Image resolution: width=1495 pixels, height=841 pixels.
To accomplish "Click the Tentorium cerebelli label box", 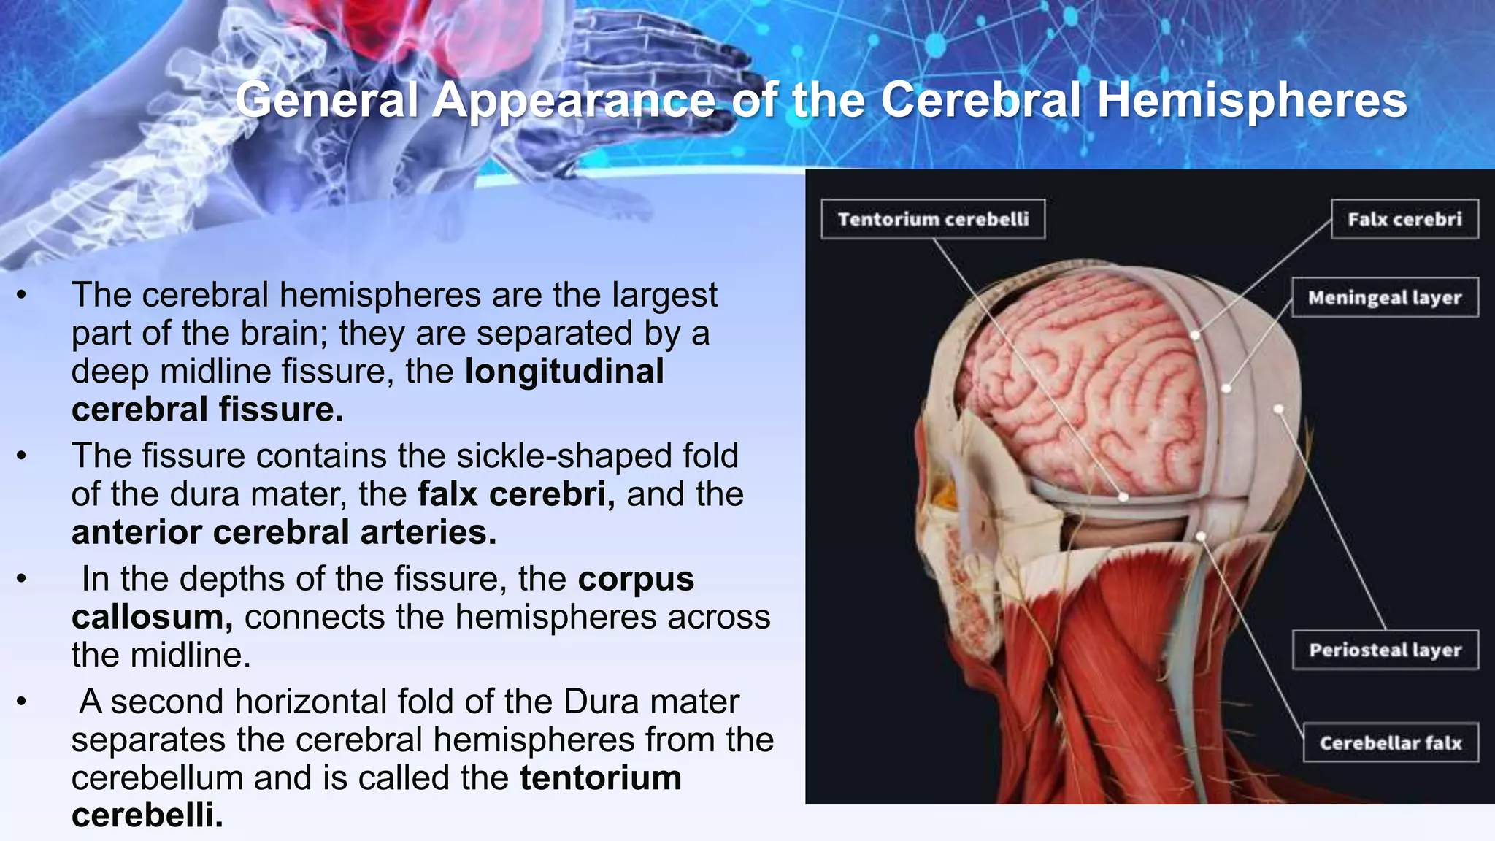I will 933,219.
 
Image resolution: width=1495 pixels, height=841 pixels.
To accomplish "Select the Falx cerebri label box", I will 1404,219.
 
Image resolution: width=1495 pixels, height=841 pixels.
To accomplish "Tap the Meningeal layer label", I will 1385,297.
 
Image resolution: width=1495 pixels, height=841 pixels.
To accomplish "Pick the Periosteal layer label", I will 1385,650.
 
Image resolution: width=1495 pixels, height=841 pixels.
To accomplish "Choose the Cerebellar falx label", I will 1391,742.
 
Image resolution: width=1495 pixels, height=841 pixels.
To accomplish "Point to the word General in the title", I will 326,100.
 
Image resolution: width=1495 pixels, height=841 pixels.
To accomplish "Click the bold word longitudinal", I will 564,371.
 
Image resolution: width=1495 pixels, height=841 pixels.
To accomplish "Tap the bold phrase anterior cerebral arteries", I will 284,532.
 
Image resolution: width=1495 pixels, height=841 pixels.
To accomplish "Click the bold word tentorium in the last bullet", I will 601,777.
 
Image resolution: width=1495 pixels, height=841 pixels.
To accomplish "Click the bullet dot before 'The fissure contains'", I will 22,456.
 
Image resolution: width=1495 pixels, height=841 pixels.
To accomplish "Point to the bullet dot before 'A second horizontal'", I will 22,702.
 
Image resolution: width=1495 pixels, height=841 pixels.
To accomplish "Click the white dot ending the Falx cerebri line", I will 1195,336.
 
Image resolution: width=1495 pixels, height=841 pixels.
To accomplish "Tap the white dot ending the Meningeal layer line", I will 1226,388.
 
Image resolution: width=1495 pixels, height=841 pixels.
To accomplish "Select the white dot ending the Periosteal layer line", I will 1279,410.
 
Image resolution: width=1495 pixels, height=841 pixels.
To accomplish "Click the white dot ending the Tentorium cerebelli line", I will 1123,497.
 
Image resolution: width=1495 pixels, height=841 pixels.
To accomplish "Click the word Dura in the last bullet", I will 601,702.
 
